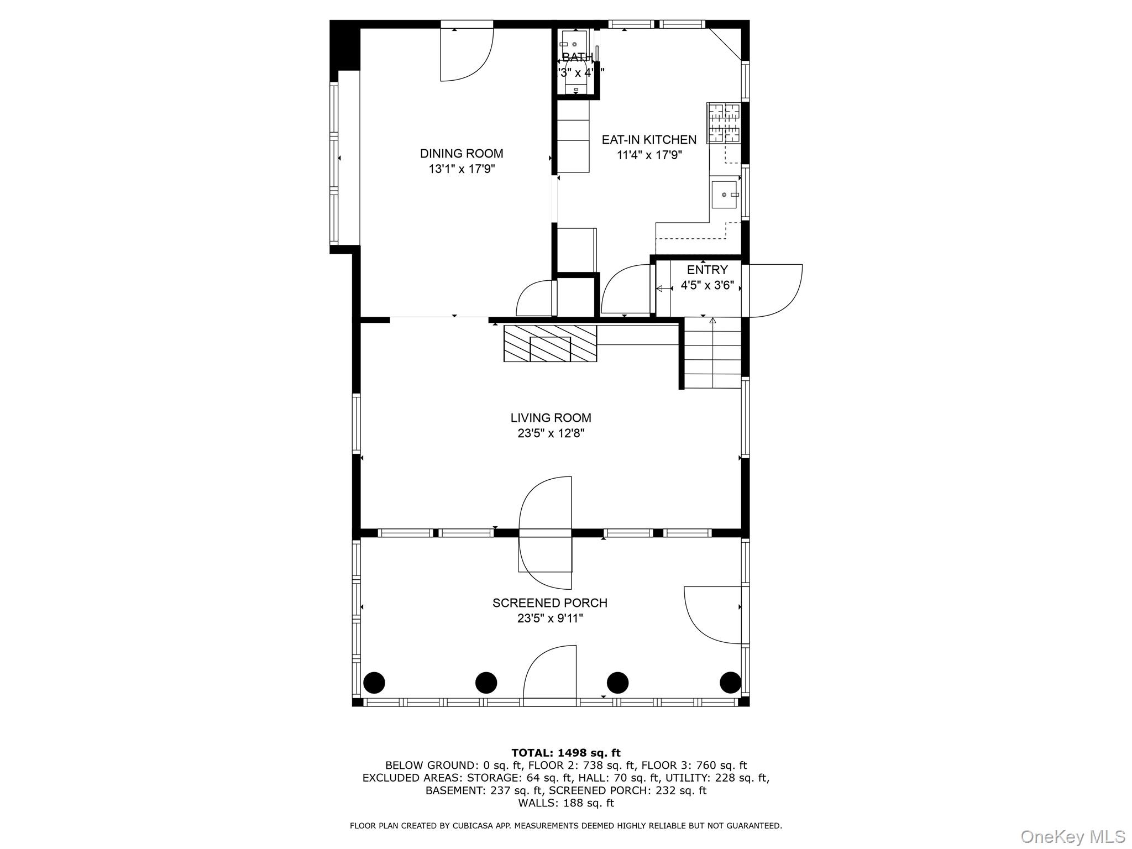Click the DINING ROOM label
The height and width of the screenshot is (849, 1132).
tap(462, 154)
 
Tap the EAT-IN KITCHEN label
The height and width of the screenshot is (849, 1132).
tap(649, 140)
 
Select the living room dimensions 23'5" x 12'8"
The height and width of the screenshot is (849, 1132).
tap(551, 433)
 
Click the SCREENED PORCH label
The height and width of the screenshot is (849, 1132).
tap(549, 603)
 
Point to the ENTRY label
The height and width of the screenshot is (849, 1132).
tap(707, 270)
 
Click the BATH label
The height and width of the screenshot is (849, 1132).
tap(577, 57)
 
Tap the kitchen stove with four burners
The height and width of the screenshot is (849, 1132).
tap(724, 123)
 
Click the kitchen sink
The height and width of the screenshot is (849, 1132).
tap(724, 194)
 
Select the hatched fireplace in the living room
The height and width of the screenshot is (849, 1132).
tap(550, 343)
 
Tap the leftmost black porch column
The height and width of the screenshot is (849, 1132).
tap(374, 683)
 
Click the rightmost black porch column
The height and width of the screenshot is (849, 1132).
tap(730, 683)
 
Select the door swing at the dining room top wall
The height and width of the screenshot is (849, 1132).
tap(465, 54)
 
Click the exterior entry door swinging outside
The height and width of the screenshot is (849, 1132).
tap(774, 291)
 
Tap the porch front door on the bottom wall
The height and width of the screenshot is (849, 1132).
tap(549, 676)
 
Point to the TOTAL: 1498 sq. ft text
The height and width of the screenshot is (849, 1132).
tap(565, 752)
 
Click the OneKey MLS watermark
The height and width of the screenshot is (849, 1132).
tap(1072, 836)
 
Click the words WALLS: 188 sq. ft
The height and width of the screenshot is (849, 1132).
tap(565, 803)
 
